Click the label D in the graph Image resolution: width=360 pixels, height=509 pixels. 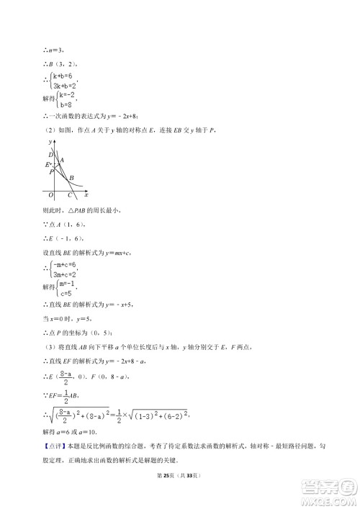click(x=50, y=154)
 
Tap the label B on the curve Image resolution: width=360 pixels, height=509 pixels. click(x=72, y=178)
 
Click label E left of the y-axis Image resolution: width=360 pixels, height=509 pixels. click(x=47, y=165)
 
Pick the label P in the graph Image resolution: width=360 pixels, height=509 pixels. click(x=50, y=172)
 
